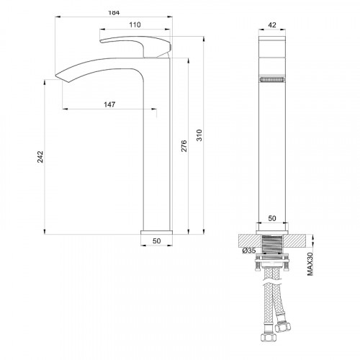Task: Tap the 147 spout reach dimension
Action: coord(109,104)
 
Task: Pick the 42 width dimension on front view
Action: coord(271,24)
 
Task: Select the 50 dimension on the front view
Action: coord(272,217)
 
